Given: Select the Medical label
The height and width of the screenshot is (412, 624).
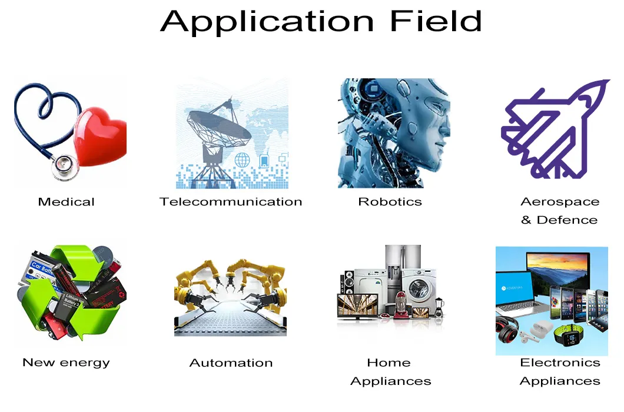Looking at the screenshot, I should pos(66,202).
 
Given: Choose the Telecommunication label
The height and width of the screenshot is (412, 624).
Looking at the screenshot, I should pos(231,202).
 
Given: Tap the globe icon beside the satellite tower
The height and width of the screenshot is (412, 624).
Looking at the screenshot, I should pos(242,160).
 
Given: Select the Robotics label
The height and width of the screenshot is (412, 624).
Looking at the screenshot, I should pos(390,202).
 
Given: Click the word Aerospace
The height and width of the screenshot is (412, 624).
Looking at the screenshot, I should pos(560,202).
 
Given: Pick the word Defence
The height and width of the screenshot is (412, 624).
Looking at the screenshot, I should pos(567,220).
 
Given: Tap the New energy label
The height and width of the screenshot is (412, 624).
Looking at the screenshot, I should pos(66,363).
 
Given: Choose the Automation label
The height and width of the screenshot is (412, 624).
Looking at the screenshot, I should pos(231,363).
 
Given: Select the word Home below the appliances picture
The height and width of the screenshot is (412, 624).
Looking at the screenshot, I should pos(389,363).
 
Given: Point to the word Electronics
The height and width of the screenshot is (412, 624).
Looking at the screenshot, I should pos(560,363).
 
